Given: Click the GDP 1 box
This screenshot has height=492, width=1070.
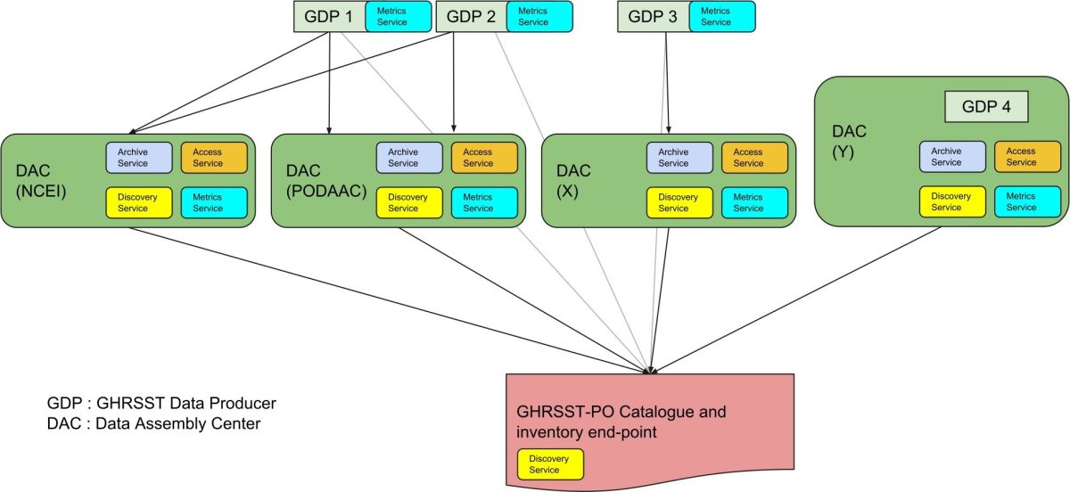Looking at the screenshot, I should [329, 16].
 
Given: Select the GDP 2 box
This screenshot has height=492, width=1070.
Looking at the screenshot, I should [470, 16].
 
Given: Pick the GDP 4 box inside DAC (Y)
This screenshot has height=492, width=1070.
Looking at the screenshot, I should [986, 107].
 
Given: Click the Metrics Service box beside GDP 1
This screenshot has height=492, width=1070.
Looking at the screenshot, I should [398, 16].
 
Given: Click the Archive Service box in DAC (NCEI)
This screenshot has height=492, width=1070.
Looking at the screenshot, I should [138, 157].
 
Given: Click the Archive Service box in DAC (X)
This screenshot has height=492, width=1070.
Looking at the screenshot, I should [679, 157].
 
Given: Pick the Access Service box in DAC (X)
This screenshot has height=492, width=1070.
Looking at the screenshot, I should [753, 157].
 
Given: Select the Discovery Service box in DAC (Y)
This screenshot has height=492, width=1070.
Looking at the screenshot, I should [951, 201].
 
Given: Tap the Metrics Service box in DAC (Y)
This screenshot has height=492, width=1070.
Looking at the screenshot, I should [1026, 201].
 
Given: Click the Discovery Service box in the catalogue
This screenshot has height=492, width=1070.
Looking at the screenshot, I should [550, 464].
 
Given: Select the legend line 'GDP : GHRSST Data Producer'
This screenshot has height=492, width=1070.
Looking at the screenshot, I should [161, 403].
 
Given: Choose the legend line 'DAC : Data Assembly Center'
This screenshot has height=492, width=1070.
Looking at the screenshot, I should [153, 423].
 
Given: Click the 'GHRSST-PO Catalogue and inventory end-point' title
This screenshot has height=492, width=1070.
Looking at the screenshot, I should [621, 422].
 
